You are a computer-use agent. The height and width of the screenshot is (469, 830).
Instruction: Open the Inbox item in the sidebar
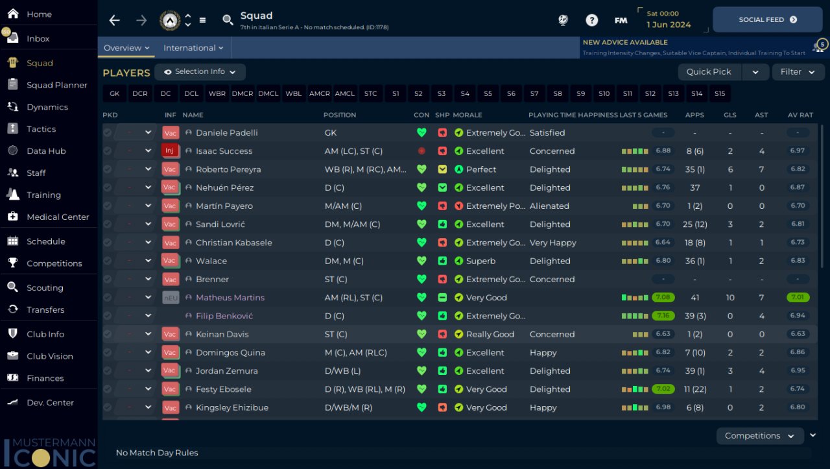coord(38,38)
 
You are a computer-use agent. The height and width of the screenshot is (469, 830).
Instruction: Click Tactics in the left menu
coord(41,129)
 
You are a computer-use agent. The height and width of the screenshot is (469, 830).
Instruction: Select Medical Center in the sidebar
coord(58,217)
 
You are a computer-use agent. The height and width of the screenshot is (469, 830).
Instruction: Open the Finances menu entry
coord(45,378)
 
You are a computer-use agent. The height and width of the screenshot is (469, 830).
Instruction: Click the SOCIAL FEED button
coord(768,20)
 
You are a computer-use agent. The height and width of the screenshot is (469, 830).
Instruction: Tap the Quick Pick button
coord(709,72)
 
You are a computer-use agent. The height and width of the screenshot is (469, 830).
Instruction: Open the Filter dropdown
coord(797,72)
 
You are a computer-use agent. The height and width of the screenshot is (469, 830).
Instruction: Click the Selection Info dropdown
coord(200,72)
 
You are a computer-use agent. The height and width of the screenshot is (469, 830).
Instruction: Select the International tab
coord(193,48)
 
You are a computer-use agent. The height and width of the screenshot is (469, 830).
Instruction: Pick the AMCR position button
coord(319,94)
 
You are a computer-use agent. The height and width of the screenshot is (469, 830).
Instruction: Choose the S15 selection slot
coord(720,94)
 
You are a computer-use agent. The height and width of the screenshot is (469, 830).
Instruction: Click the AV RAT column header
coord(800,115)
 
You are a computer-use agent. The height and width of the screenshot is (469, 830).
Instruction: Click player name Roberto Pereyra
coord(228,169)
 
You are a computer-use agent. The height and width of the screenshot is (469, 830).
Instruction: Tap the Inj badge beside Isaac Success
coord(169,151)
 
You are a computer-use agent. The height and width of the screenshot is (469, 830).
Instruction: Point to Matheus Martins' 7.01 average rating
coord(798,298)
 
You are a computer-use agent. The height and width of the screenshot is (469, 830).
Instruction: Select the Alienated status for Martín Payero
coord(549,206)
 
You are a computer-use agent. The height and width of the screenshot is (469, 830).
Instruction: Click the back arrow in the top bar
coord(115,20)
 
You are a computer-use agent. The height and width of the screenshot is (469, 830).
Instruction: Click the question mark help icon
coord(591,20)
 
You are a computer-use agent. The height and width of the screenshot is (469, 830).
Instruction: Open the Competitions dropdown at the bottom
coord(759,436)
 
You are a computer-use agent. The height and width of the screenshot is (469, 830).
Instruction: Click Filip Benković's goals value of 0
coord(730,316)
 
